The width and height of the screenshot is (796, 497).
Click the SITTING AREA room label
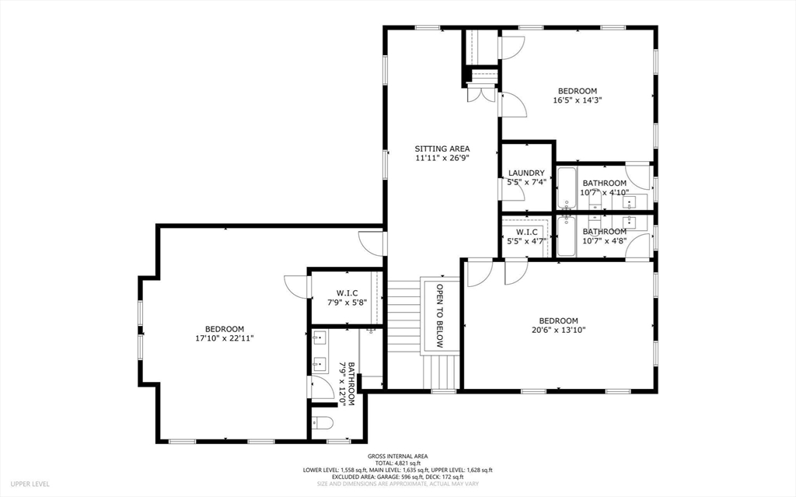tap(442, 149)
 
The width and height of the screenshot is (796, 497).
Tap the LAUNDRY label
tap(526, 173)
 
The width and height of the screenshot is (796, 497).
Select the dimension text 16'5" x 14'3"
tap(578, 100)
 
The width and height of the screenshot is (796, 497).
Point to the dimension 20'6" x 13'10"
tap(558, 330)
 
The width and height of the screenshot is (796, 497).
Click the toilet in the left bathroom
tap(322, 423)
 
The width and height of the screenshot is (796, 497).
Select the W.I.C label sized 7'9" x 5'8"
tap(346, 293)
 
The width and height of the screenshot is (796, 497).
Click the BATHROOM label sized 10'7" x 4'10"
tap(604, 184)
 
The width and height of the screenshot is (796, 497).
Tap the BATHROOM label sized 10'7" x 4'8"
tap(604, 232)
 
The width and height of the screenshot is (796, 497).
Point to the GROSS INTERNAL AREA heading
tap(397, 457)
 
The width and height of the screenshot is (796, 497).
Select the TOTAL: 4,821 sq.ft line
tap(397, 463)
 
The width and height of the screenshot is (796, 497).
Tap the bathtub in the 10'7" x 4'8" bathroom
tap(566, 236)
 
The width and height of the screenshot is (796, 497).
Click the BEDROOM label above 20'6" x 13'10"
tap(558, 320)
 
